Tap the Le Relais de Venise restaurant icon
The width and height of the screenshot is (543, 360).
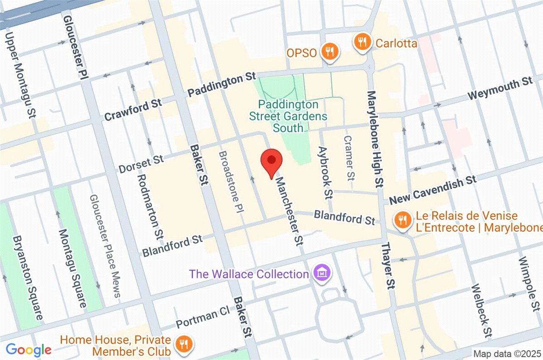pos(401,220)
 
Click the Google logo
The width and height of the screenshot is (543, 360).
pos(29,350)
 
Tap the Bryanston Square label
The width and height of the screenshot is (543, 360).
pos(28,278)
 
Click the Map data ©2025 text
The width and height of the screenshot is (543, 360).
pos(507,353)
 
